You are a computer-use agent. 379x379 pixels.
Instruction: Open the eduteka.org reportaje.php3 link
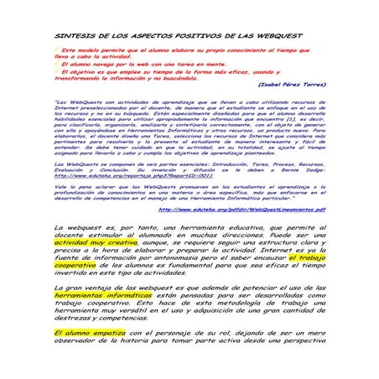[x=126, y=175]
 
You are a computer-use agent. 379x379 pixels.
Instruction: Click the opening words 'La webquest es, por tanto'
[x=101, y=228]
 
